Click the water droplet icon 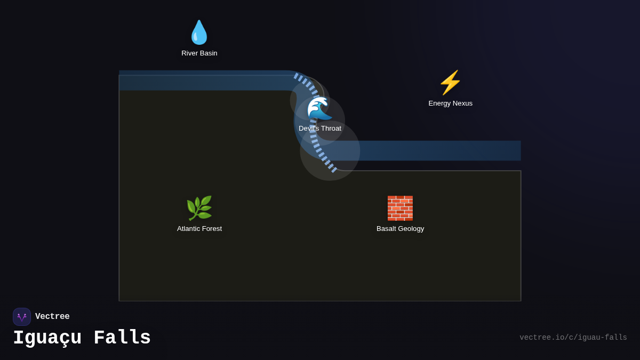tap(199, 32)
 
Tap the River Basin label tap(199, 53)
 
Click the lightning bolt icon tap(450, 83)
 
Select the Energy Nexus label tap(450, 103)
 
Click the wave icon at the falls tap(319, 109)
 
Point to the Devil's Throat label tap(320, 129)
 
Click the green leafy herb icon tap(199, 208)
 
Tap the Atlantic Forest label tap(199, 229)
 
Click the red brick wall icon tap(400, 208)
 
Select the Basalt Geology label tap(400, 229)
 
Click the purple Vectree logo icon tap(22, 317)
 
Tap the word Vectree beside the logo tap(52, 317)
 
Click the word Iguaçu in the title tap(47, 338)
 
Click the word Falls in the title tap(122, 338)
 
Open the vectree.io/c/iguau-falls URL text tap(573, 338)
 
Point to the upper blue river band tap(203, 81)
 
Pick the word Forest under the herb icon tap(211, 229)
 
